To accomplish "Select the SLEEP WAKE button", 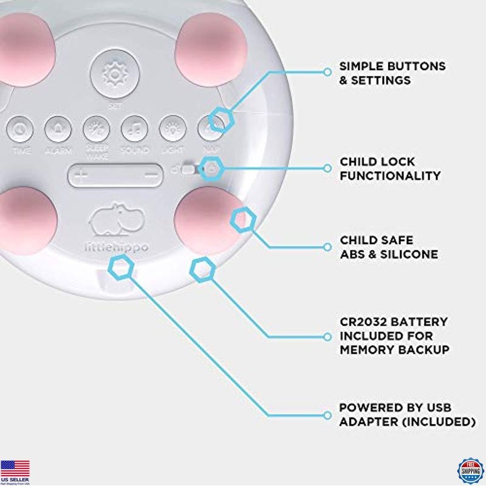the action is tap(96, 129).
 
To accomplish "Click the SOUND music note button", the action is tap(134, 129).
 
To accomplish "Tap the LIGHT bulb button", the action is tap(173, 129).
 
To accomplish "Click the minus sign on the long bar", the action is tap(151, 176).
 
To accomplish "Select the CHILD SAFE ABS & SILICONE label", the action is tap(389, 248).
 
